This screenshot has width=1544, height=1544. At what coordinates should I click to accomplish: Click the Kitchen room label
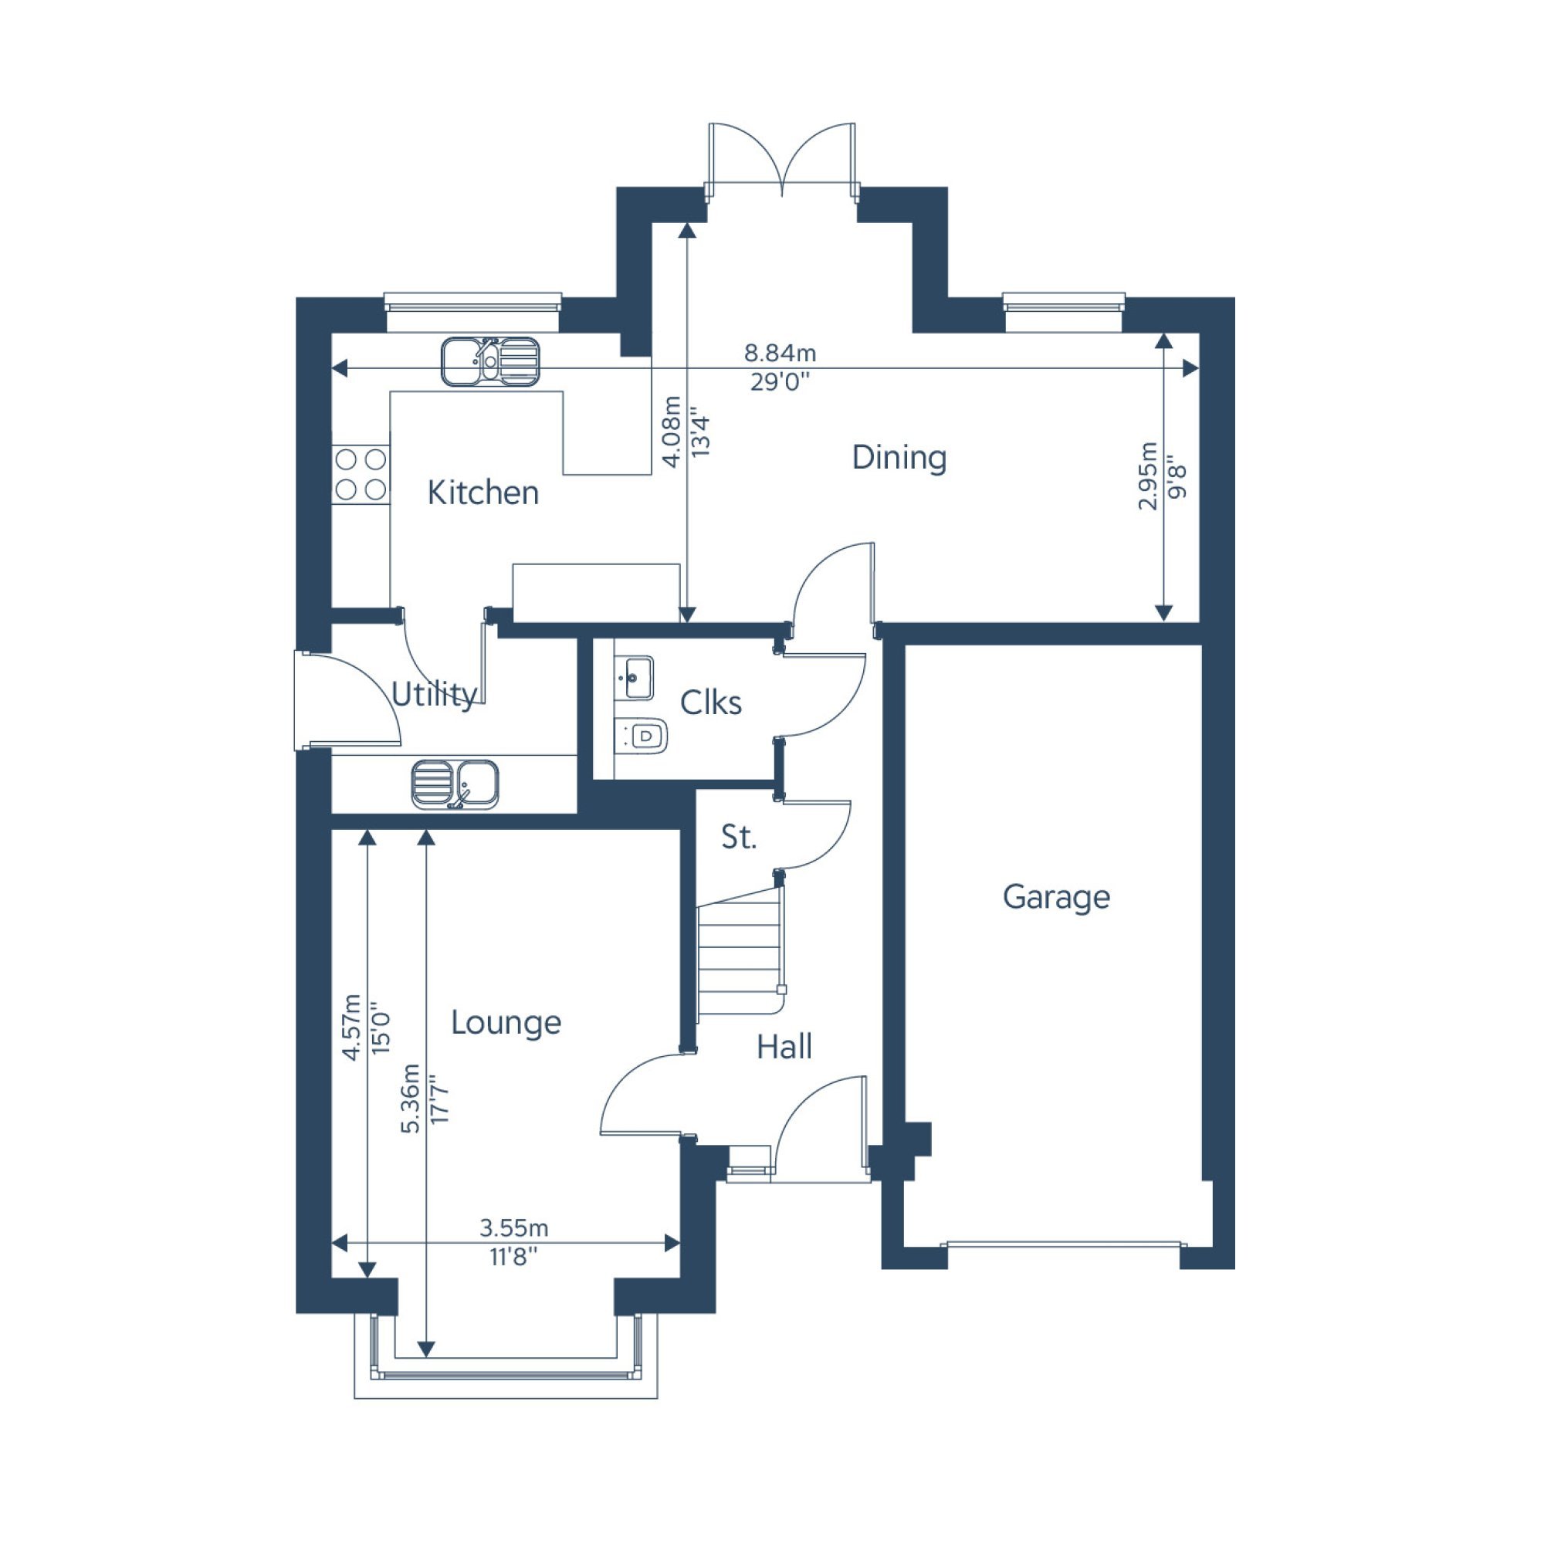(482, 493)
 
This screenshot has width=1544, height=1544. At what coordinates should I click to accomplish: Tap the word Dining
(899, 458)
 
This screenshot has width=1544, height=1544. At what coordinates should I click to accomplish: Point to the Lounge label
(506, 1023)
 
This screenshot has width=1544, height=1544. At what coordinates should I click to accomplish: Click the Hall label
(784, 1047)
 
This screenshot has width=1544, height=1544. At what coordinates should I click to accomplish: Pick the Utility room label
(435, 695)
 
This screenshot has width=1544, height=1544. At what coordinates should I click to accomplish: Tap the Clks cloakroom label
(710, 703)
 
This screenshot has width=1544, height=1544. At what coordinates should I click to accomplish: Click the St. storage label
(737, 837)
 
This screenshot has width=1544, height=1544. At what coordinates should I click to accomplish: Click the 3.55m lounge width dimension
(514, 1227)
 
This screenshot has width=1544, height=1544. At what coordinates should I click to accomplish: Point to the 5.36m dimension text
(410, 1098)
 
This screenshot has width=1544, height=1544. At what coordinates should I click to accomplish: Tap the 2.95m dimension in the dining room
(1148, 476)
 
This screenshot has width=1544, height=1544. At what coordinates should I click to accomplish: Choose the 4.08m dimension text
(672, 432)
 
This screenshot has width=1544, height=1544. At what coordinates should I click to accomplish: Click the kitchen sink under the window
(491, 361)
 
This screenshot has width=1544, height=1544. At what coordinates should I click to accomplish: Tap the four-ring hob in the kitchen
(361, 475)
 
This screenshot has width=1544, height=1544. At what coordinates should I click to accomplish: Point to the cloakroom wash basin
(635, 678)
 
